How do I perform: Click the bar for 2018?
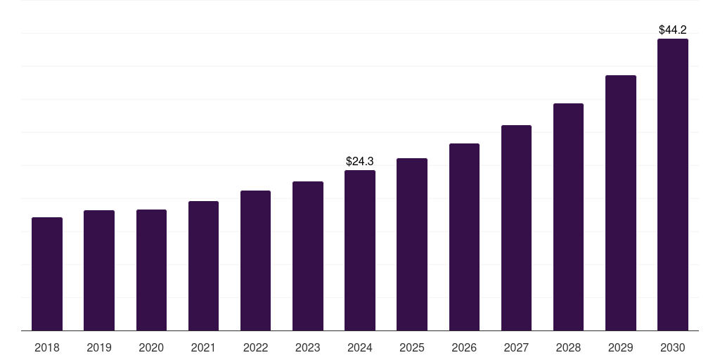pyautogui.click(x=47, y=274)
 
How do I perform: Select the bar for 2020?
pyautogui.click(x=151, y=270)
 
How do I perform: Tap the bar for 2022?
pyautogui.click(x=255, y=261)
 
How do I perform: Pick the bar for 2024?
pyautogui.click(x=360, y=250)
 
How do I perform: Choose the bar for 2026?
pyautogui.click(x=464, y=237)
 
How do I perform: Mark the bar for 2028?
pyautogui.click(x=568, y=217)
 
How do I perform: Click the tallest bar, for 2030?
pyautogui.click(x=673, y=185)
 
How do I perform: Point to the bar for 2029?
pyautogui.click(x=621, y=203)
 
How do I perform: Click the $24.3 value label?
pyautogui.click(x=360, y=162)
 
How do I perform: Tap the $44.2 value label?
pyautogui.click(x=673, y=30)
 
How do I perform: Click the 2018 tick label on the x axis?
pyautogui.click(x=47, y=347)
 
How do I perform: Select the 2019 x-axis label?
pyautogui.click(x=99, y=347)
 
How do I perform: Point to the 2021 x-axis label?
pyautogui.click(x=203, y=347)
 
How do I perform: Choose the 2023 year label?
pyautogui.click(x=308, y=347)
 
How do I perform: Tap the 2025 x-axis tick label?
pyautogui.click(x=412, y=347)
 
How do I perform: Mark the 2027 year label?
pyautogui.click(x=516, y=347)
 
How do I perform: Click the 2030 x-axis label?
pyautogui.click(x=673, y=347)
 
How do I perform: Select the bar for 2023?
pyautogui.click(x=308, y=256)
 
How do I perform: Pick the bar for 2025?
pyautogui.click(x=412, y=245)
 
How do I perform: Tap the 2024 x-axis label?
pyautogui.click(x=360, y=347)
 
